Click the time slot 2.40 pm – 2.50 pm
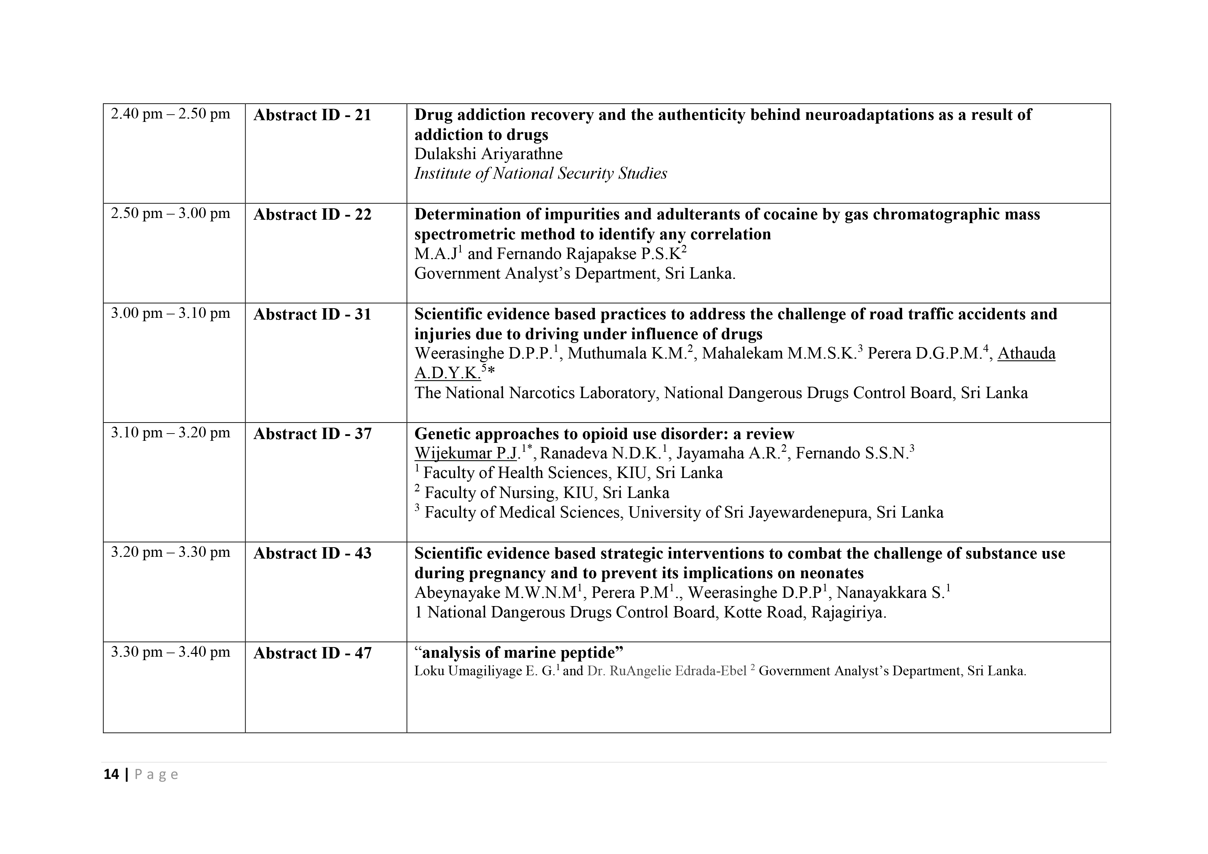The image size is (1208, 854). (x=171, y=114)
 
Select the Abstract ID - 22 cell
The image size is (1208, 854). (x=312, y=215)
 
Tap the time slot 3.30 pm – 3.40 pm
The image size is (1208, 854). (x=171, y=652)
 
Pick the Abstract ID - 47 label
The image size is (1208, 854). (x=312, y=653)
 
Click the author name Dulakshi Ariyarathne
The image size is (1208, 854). (x=488, y=154)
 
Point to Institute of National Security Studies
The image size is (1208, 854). (x=540, y=174)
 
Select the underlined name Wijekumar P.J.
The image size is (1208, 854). (x=466, y=453)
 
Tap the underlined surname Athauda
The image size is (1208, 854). (x=1026, y=353)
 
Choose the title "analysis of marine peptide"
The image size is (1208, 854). (x=519, y=653)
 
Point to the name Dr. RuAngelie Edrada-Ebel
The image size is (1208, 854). (x=667, y=671)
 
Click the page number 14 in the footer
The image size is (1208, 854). (x=111, y=774)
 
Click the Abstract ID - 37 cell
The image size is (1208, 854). (x=312, y=434)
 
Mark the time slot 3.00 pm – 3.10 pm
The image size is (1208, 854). (x=171, y=313)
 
